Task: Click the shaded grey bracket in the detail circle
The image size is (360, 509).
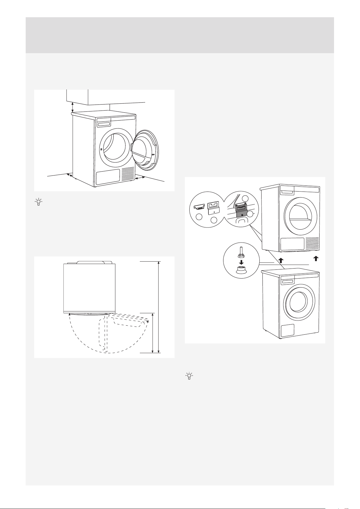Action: pos(241,210)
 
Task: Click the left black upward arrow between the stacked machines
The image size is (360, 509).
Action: pos(281,261)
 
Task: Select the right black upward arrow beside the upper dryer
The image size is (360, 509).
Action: pos(316,258)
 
